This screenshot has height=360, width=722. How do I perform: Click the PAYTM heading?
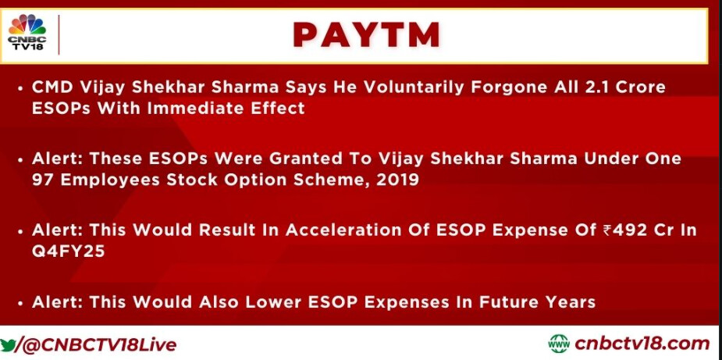tap(367, 35)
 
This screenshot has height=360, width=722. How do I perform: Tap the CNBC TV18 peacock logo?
tap(27, 32)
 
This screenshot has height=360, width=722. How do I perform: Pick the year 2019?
tap(397, 180)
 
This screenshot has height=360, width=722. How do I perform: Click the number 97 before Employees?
tap(42, 180)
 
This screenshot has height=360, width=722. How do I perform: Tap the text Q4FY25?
tap(68, 251)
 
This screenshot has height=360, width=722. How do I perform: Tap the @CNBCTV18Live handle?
tap(95, 345)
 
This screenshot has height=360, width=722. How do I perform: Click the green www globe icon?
tap(559, 344)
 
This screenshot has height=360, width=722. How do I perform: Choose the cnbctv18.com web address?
tap(642, 344)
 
